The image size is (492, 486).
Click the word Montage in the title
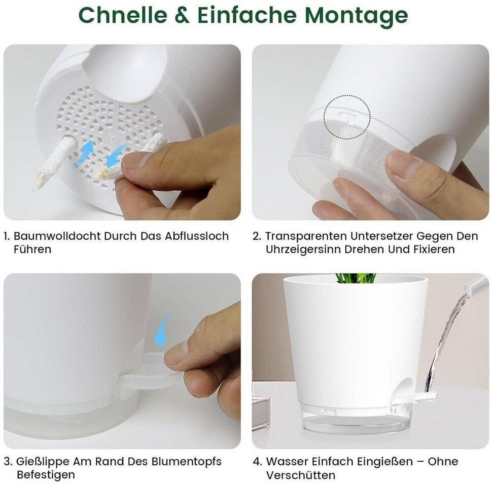point(356,16)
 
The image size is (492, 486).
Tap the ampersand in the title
point(182,15)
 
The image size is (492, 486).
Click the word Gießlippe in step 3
point(43,462)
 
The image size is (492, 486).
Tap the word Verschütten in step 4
point(301,475)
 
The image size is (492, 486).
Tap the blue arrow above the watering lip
point(162,331)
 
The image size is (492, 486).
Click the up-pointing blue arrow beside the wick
point(85,152)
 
